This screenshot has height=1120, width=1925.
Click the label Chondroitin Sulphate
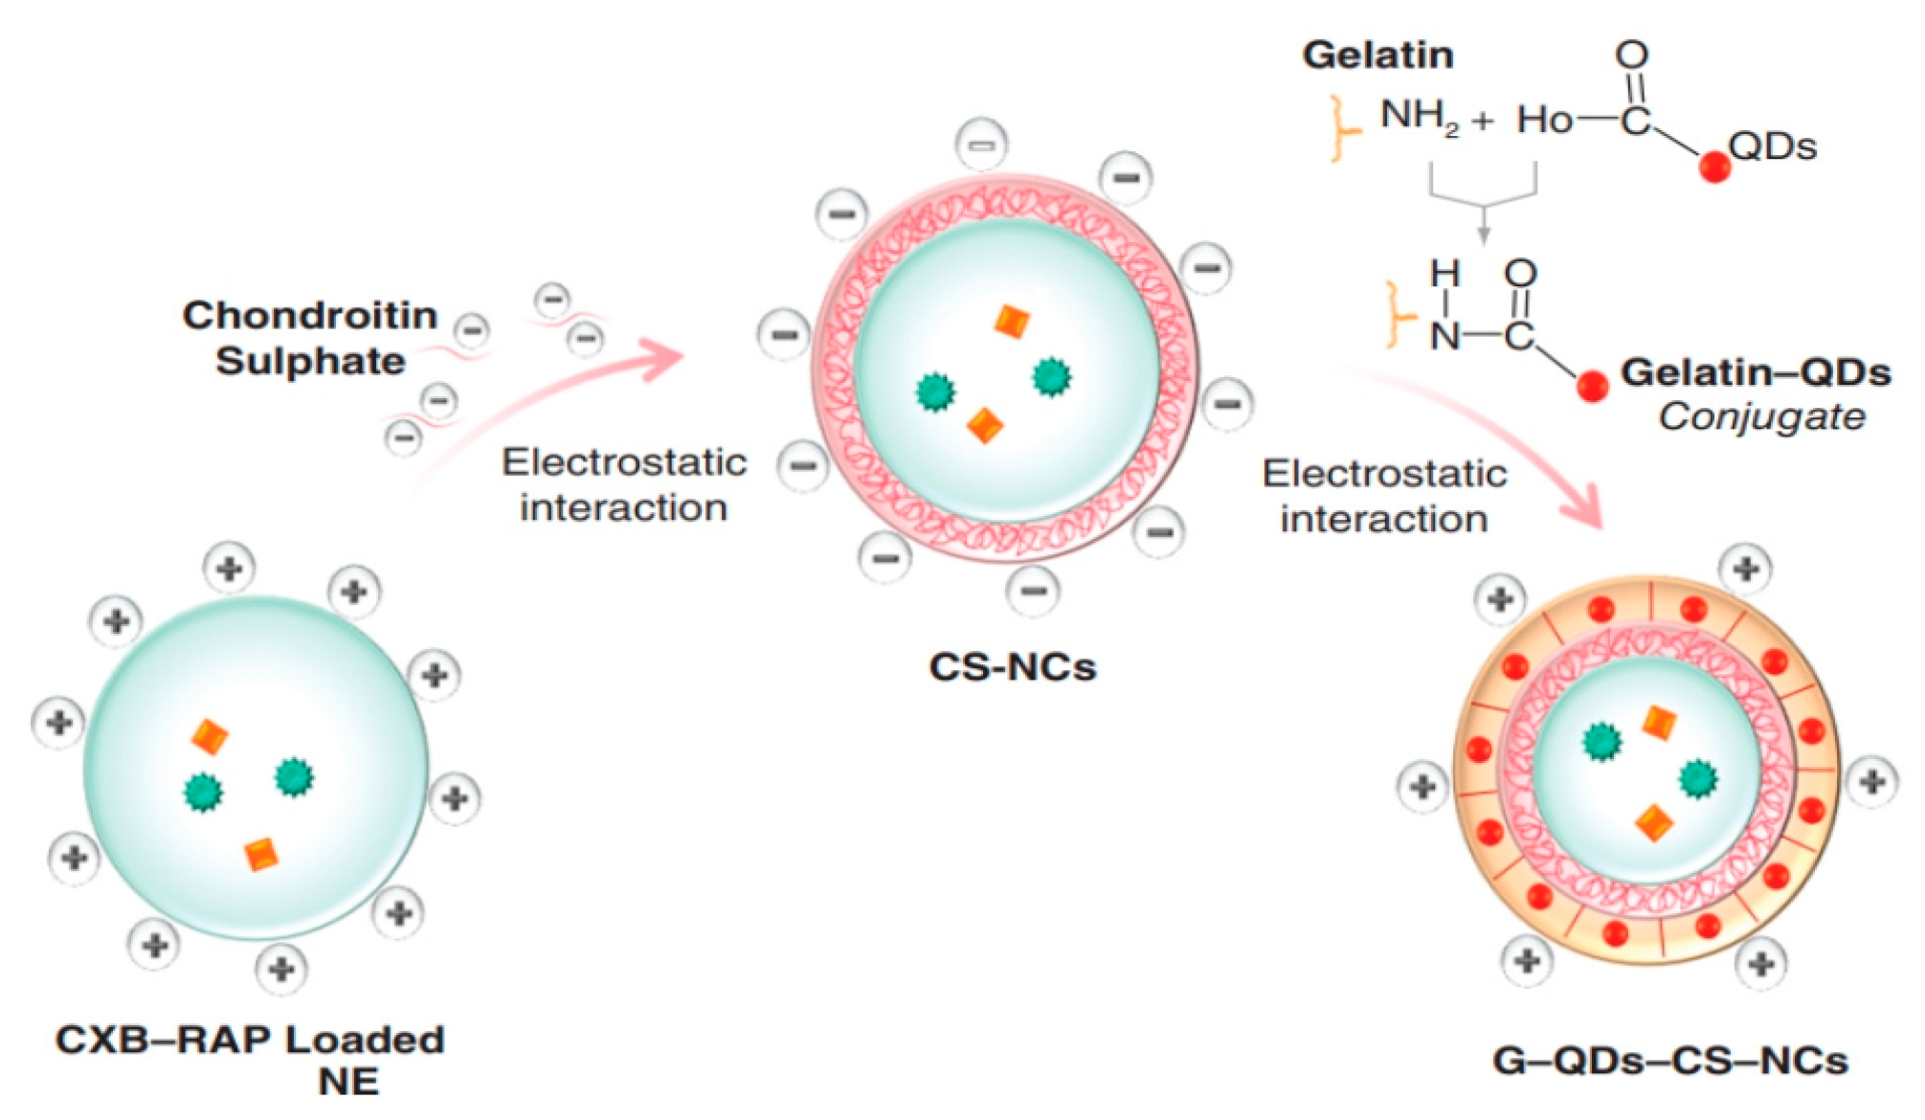[x=310, y=338]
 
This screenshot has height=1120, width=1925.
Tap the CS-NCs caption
[x=1012, y=667]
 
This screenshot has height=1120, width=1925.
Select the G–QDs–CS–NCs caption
[x=1669, y=1061]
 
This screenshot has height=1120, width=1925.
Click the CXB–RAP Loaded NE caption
[x=251, y=1059]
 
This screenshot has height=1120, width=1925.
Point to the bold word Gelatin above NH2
[x=1377, y=55]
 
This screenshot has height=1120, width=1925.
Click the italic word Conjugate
[x=1761, y=416]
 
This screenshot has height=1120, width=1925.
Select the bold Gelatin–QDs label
[x=1755, y=372]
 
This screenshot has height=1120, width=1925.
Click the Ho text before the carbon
[x=1544, y=121]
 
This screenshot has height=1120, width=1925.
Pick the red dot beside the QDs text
[x=1713, y=168]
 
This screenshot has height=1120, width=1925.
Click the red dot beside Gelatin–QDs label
[x=1592, y=386]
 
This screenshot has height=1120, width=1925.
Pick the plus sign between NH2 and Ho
[x=1482, y=121]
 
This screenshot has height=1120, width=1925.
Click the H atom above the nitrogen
[x=1444, y=275]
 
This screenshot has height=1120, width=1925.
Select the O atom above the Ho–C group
[x=1632, y=55]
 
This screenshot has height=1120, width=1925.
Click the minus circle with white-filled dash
[x=982, y=145]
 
